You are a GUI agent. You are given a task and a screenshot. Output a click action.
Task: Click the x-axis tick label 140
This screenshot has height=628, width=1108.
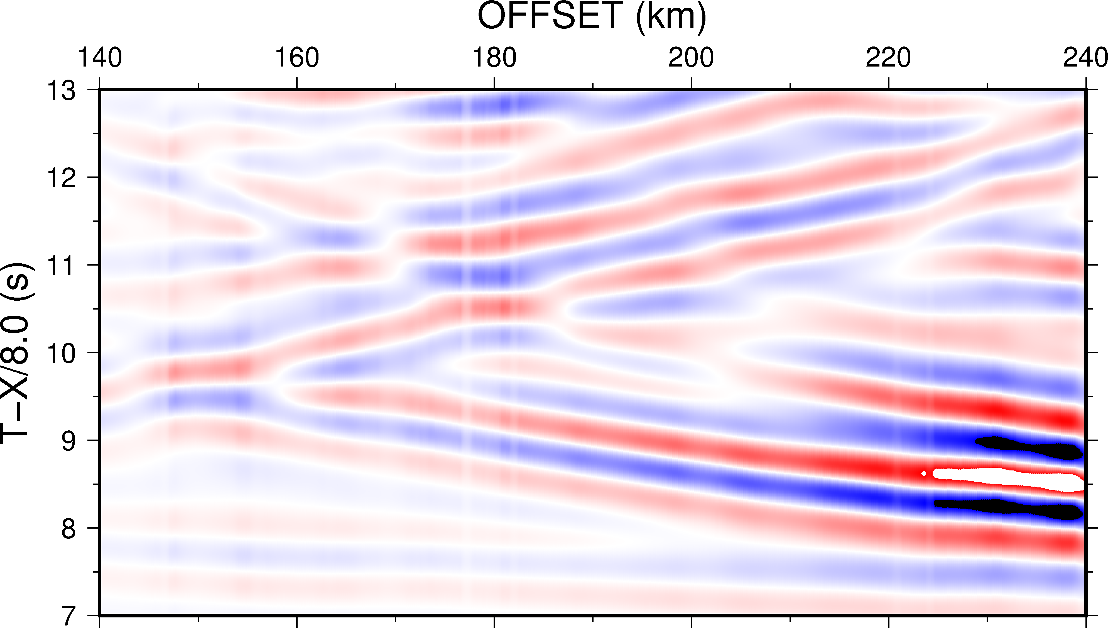pyautogui.click(x=100, y=58)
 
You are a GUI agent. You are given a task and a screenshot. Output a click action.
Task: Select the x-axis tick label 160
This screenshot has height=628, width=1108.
pyautogui.click(x=297, y=58)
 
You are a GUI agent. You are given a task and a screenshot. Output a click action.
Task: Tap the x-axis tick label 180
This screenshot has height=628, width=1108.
pyautogui.click(x=494, y=58)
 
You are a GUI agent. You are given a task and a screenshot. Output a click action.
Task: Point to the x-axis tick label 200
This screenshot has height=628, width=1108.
pyautogui.click(x=691, y=58)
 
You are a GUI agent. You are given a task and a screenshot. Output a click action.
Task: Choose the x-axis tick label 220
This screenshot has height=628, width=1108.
pyautogui.click(x=888, y=58)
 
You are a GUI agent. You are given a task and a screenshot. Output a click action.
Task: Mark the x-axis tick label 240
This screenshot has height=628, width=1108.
pyautogui.click(x=1084, y=58)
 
